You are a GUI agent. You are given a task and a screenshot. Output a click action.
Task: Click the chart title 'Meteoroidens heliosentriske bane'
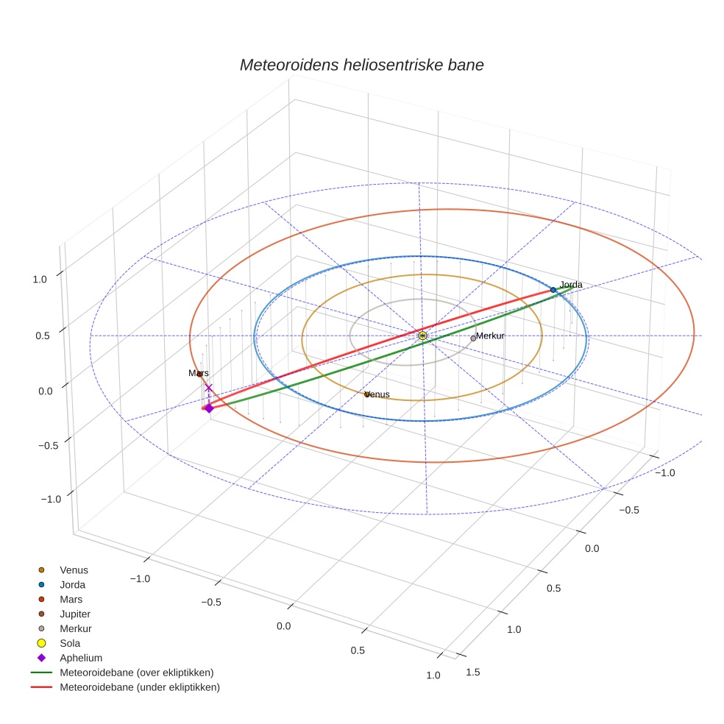tap(361, 65)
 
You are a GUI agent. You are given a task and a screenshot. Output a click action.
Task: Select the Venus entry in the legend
tap(74, 569)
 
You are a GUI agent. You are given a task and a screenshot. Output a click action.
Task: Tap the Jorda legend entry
tap(72, 584)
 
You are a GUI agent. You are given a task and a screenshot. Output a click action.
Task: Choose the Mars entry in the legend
tap(71, 599)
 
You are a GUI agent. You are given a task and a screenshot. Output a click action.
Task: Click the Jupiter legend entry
tap(75, 614)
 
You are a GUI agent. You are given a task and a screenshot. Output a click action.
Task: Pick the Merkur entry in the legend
tap(75, 628)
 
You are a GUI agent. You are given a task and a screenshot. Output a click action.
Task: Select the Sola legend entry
tap(71, 643)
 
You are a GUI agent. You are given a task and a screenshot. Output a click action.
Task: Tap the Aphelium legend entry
tap(81, 658)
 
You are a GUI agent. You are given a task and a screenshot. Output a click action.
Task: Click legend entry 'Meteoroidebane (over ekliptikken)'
tap(136, 672)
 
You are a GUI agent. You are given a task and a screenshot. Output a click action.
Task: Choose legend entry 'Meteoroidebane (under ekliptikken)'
tap(139, 687)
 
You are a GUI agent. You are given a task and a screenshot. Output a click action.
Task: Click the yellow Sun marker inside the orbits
tap(422, 336)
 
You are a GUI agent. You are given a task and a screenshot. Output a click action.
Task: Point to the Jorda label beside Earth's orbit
tap(571, 285)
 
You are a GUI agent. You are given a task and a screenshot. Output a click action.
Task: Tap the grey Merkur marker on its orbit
tap(473, 338)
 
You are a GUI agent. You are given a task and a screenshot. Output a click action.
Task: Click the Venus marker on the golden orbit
tap(366, 395)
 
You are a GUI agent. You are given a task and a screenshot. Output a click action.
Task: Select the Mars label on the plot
tap(198, 373)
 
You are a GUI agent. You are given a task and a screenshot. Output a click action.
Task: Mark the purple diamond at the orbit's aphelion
tap(209, 408)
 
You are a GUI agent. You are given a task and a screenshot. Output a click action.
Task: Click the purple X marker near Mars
tap(208, 388)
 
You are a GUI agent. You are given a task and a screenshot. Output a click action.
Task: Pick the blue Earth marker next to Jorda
tap(553, 290)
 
